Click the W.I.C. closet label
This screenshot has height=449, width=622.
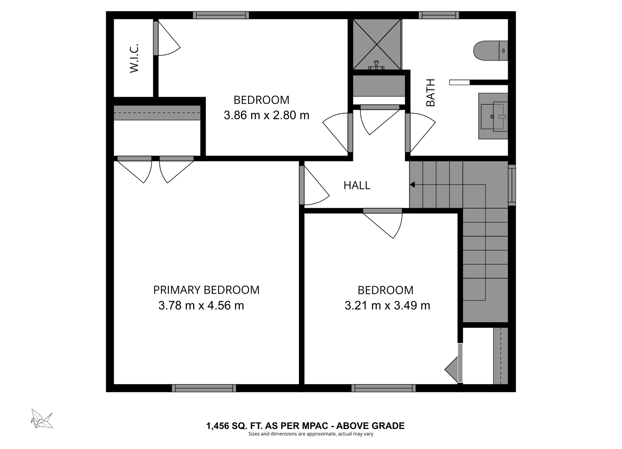pos(134,58)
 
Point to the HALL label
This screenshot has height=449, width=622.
pos(357,185)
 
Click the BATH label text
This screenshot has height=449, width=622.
pos(430,93)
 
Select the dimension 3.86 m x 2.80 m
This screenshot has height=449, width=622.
pos(266,115)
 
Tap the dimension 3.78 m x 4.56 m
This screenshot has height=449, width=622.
pos(201,305)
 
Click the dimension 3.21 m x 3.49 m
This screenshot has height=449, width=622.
pos(387,305)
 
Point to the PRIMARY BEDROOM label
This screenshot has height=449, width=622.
pos(206,290)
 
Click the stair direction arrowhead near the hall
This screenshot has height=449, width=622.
pos(412,185)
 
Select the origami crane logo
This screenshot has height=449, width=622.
pos(42,419)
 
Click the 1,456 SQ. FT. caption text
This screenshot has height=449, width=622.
pos(305,426)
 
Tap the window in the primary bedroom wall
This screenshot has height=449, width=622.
pos(204,388)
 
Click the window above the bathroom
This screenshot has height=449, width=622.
pos(439,15)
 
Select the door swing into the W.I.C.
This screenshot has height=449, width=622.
pos(168,40)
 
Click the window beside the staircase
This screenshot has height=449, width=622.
pos(512,185)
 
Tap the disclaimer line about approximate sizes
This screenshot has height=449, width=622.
pos(311,434)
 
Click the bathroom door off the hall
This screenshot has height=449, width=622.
pos(420,133)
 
